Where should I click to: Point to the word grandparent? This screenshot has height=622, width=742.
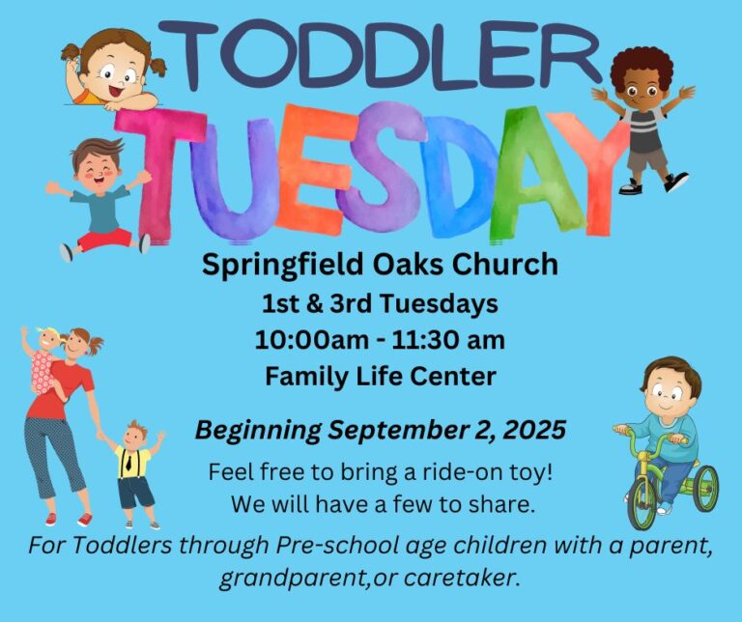click(293, 579)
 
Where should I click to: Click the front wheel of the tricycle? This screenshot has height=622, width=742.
click(642, 505)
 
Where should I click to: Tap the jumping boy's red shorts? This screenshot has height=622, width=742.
click(105, 240)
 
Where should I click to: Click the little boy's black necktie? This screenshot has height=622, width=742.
click(128, 462)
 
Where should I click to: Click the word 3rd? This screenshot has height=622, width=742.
click(351, 303)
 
